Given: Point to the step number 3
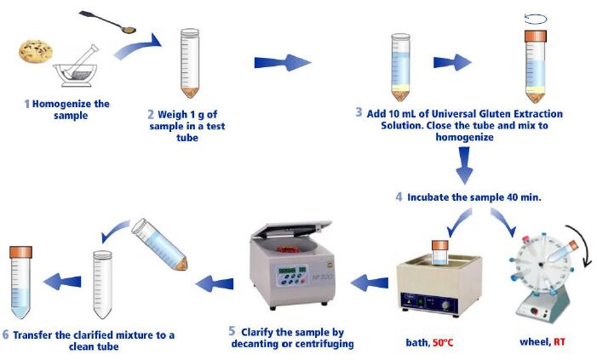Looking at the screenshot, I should click(x=359, y=113).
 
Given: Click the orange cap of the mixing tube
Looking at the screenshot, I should click(x=535, y=36).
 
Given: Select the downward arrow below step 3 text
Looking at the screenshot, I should click(x=462, y=163).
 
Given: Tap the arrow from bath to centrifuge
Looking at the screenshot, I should click(x=370, y=280).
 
